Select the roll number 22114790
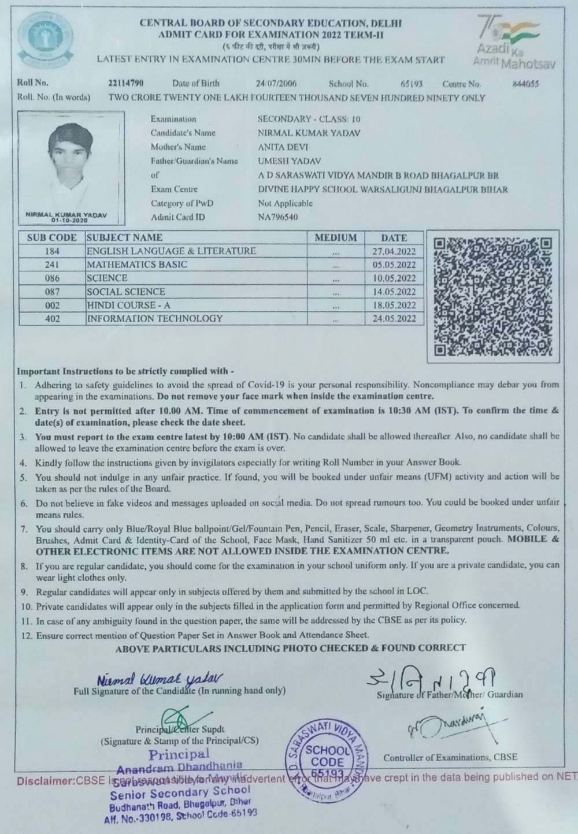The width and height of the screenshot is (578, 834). (126, 83)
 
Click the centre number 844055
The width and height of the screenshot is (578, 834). (525, 84)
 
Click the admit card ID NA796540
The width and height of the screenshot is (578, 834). (278, 217)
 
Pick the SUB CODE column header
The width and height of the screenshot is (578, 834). (51, 237)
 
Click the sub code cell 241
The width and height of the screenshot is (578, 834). (52, 265)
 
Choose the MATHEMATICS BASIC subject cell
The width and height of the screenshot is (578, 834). (137, 265)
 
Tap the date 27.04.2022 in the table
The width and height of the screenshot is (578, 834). (394, 252)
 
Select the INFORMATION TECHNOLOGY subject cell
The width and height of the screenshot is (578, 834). (154, 318)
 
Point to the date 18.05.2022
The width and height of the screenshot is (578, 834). (394, 306)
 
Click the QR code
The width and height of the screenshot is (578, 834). (493, 297)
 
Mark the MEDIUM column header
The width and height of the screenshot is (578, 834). (336, 237)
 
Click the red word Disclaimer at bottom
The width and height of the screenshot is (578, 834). (46, 781)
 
